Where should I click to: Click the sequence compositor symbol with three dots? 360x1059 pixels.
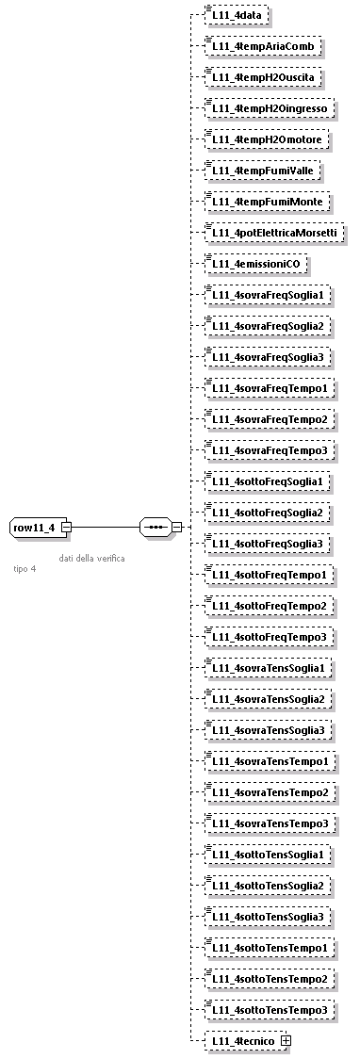click(155, 527)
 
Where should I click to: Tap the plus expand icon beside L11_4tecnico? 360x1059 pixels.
click(286, 1040)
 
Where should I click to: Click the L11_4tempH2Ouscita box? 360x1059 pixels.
click(266, 77)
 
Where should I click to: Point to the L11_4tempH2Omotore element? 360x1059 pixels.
click(269, 139)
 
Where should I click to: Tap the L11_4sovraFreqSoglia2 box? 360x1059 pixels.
click(270, 326)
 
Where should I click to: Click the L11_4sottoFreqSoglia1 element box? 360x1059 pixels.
click(270, 481)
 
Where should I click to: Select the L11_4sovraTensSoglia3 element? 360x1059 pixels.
click(270, 729)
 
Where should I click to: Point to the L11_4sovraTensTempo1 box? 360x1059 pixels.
click(270, 760)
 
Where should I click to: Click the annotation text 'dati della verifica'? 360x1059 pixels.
click(91, 558)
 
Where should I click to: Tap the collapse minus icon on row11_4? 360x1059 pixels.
click(66, 527)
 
